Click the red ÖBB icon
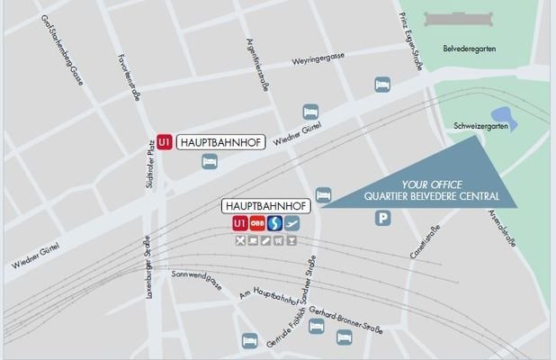[257, 224]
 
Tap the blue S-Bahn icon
[274, 224]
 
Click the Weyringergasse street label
[318, 62]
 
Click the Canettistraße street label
[417, 235]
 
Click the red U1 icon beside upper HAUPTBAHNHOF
[164, 142]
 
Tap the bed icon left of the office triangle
[325, 194]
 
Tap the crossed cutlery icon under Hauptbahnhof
[240, 241]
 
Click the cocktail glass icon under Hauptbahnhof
[291, 241]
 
